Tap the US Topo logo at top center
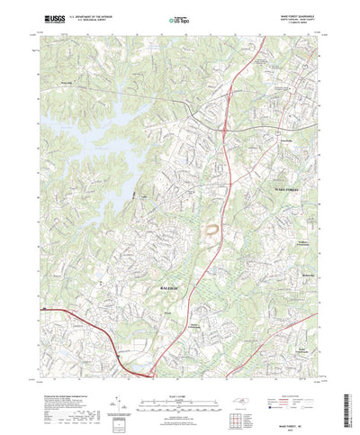(x=177, y=17)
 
